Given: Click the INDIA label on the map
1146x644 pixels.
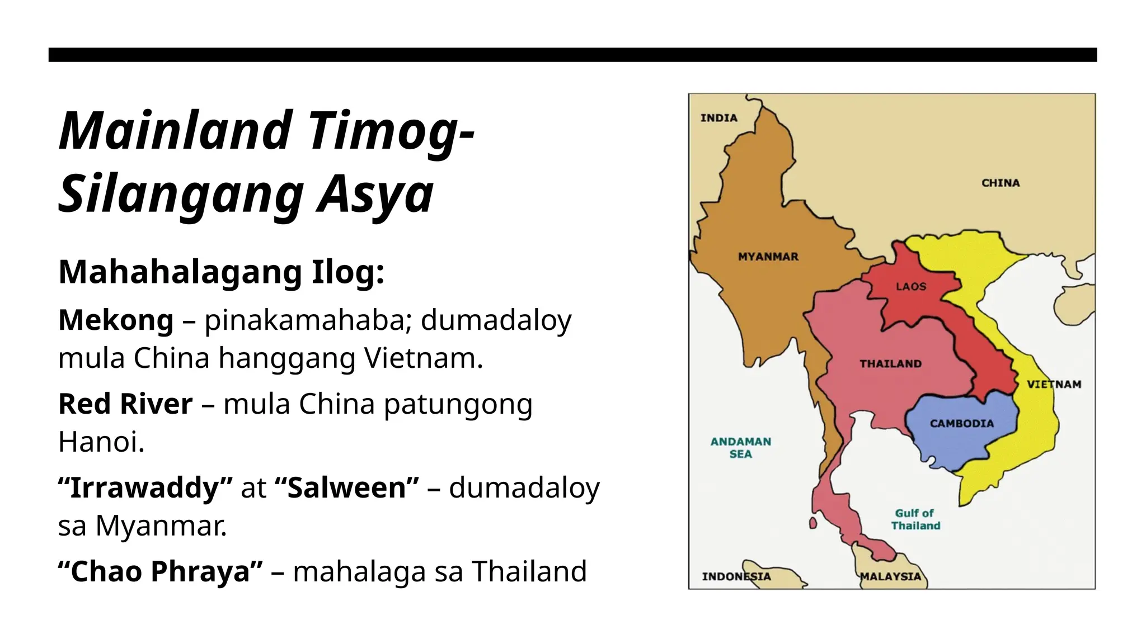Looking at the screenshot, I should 718,118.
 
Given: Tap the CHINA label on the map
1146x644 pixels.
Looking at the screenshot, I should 1001,183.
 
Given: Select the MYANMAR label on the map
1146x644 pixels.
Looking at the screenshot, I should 768,257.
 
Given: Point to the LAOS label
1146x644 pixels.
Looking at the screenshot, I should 911,287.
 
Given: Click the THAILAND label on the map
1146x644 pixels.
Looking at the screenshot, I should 890,364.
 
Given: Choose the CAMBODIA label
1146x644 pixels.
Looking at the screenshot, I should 961,424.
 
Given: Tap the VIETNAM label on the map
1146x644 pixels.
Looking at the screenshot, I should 1054,384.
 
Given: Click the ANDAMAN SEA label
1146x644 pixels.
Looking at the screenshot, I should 740,448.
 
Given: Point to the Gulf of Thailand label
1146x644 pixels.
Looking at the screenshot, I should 915,519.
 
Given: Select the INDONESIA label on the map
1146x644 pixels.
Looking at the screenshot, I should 736,576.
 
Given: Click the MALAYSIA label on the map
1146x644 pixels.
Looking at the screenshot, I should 890,576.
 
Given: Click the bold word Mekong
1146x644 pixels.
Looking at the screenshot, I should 116,320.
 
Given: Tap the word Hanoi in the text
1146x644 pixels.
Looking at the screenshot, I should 101,442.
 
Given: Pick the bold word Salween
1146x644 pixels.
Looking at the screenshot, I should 347,487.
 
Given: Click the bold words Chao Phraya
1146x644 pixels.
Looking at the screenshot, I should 161,571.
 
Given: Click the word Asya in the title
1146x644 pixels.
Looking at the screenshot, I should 375,193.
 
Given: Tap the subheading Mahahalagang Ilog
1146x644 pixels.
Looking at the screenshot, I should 222,272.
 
